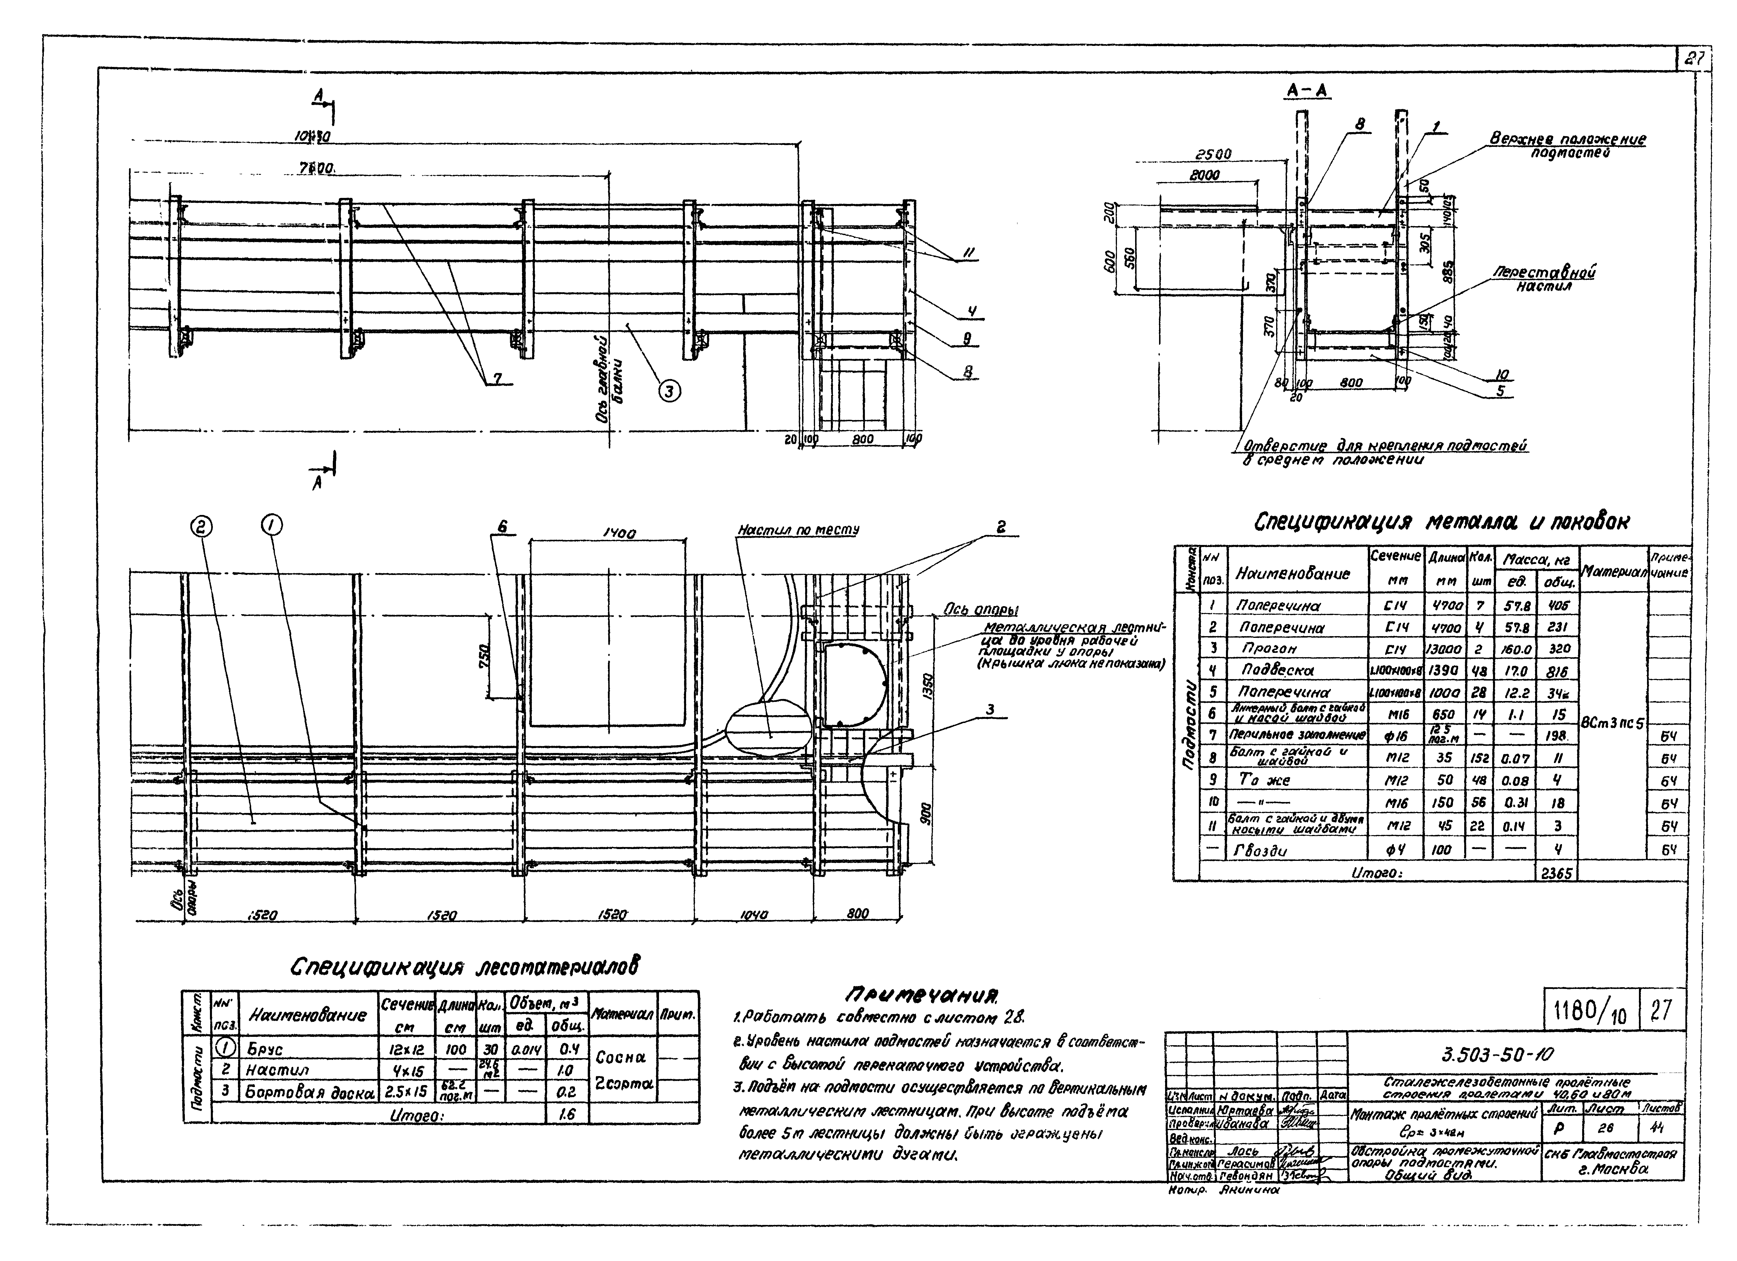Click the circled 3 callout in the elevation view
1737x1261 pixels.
pos(669,391)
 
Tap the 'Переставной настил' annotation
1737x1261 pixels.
pos(1544,279)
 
